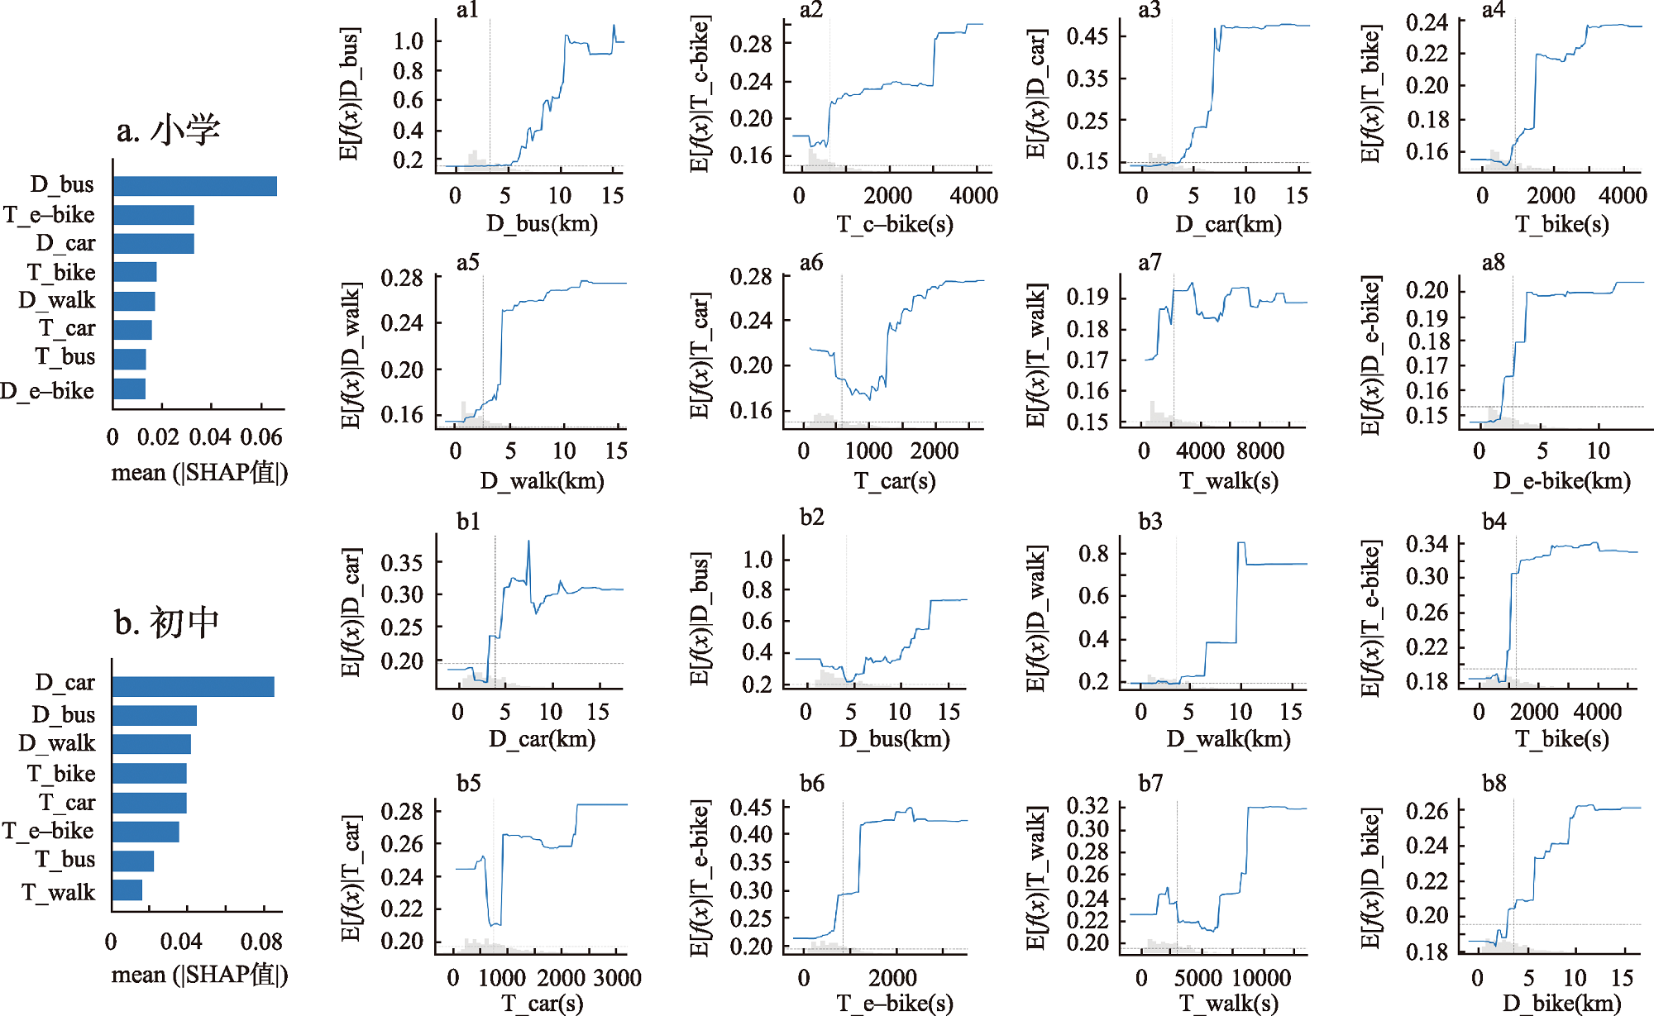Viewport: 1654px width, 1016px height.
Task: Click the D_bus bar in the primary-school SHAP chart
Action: tap(195, 186)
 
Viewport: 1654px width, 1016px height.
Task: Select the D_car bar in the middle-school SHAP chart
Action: tap(193, 686)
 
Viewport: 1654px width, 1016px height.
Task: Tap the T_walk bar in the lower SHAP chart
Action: tap(127, 890)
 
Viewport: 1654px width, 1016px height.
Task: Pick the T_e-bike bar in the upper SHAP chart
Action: tap(154, 215)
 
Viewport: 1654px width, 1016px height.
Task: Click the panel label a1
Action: tap(467, 10)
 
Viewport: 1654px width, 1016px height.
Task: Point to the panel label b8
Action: tap(1494, 783)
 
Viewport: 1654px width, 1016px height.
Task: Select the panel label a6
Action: tap(811, 263)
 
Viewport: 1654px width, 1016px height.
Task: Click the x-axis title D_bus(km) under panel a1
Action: tap(542, 223)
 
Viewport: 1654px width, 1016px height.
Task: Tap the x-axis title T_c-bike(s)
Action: tap(895, 223)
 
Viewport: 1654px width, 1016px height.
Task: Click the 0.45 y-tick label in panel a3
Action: tap(1087, 36)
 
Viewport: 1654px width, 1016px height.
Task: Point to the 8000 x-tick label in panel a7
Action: tap(1260, 451)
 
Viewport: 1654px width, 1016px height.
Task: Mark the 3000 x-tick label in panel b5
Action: tap(617, 978)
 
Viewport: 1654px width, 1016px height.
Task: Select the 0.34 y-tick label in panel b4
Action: tap(1427, 544)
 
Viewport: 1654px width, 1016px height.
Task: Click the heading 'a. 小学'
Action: tap(168, 131)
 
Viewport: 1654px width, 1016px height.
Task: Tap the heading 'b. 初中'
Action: tap(166, 622)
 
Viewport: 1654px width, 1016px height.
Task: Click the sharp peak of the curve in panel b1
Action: tap(528, 541)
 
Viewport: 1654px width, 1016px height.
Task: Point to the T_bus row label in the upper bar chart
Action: tap(65, 356)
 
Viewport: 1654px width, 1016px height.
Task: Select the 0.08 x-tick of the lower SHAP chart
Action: tap(261, 942)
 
